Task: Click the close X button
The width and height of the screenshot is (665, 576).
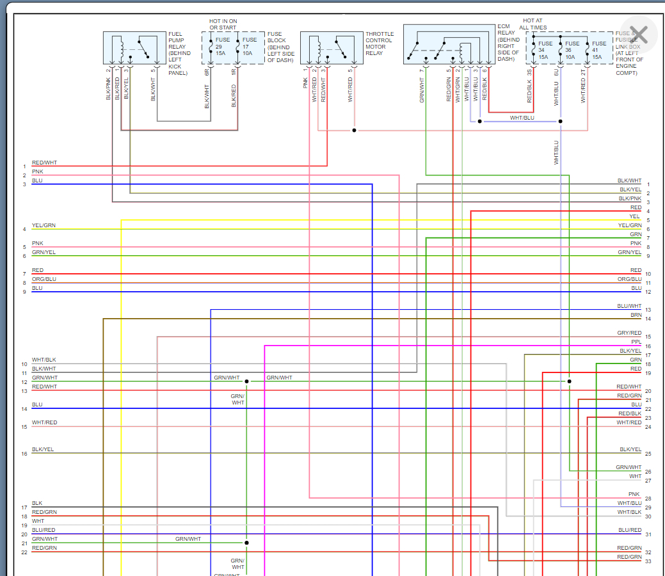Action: (639, 34)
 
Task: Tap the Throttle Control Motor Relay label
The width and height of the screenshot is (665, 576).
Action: (380, 44)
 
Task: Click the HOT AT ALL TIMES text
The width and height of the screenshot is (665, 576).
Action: (534, 24)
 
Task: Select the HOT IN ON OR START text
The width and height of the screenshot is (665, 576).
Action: (223, 24)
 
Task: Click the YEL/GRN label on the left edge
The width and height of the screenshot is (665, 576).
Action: (44, 225)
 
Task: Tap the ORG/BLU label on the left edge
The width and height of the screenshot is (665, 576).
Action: (44, 279)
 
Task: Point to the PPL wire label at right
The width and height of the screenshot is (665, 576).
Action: (636, 342)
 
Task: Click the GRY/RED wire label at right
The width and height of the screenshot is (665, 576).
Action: (629, 333)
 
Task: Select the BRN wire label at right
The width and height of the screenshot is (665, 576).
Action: (636, 315)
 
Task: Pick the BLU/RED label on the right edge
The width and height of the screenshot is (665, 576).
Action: (630, 530)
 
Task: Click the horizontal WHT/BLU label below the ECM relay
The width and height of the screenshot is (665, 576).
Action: (522, 118)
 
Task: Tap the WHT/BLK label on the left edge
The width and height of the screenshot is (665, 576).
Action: (44, 360)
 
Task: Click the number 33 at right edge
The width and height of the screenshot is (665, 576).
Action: (648, 561)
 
